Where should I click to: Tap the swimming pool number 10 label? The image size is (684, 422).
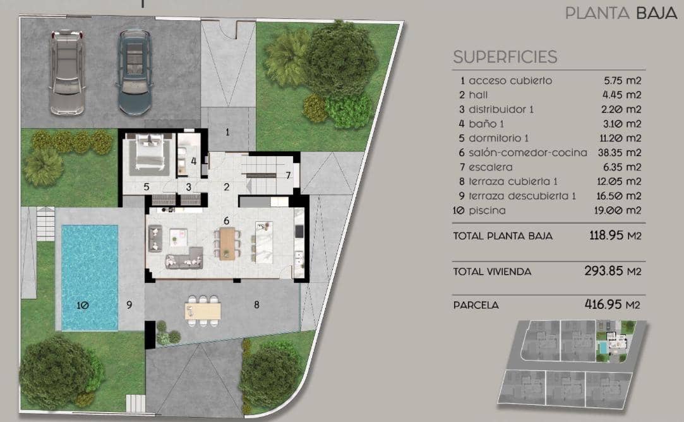[x=83, y=305]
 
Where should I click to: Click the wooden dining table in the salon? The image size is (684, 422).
[x=227, y=243]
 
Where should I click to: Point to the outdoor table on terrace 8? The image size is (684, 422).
[x=203, y=310]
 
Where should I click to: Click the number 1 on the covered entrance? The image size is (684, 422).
[x=228, y=132]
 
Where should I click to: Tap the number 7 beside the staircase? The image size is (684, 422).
[x=288, y=175]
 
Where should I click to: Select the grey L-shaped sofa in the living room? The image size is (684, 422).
[x=183, y=258]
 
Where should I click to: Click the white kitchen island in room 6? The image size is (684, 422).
[x=263, y=242]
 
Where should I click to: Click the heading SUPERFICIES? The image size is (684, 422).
[x=505, y=57]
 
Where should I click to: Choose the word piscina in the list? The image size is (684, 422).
[x=487, y=210]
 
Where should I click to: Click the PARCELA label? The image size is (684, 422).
[x=476, y=305]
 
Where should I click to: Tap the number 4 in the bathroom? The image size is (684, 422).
[x=194, y=160]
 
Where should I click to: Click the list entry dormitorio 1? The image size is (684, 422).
[x=498, y=138]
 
